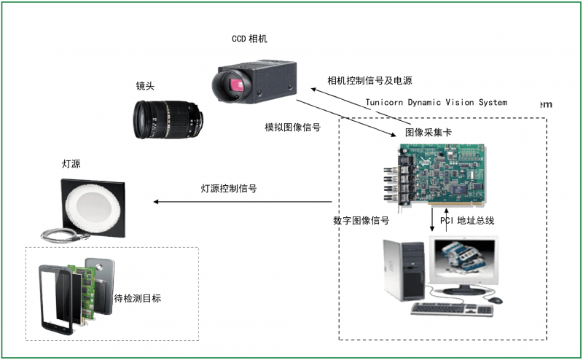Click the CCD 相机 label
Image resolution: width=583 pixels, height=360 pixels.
point(249,39)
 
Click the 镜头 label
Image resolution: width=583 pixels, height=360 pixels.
point(145,85)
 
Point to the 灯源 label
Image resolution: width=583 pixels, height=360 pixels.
point(71,165)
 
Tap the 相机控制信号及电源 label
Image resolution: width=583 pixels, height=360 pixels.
point(369,79)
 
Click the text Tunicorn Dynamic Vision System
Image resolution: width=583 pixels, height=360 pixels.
point(436,102)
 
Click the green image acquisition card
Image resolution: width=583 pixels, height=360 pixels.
point(437,176)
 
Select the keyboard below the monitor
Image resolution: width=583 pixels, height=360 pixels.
point(451,309)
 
